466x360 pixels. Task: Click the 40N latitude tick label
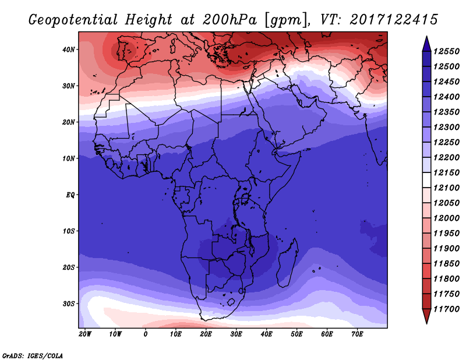[x=68, y=50]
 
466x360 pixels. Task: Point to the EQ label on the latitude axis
[x=70, y=195]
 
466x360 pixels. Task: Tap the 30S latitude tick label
[x=68, y=304]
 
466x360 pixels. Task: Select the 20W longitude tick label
[x=85, y=334]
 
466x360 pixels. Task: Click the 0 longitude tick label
[x=145, y=334]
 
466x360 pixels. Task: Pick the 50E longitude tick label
[x=296, y=334]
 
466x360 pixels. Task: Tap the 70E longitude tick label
[x=357, y=334]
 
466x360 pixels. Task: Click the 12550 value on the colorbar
[x=446, y=51]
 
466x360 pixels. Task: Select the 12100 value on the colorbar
[x=446, y=188]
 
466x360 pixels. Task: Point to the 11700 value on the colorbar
[x=446, y=309]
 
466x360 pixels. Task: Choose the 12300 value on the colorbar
[x=446, y=127]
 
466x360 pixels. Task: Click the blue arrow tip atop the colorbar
[x=426, y=37]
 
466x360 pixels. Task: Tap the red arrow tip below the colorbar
[x=426, y=323]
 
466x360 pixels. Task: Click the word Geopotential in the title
[x=73, y=20]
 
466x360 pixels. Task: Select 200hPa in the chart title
[x=229, y=20]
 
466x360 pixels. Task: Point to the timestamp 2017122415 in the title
[x=394, y=20]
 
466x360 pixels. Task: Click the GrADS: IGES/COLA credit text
[x=33, y=356]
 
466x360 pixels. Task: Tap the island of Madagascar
[x=287, y=263]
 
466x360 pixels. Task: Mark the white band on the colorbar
[x=426, y=180]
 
